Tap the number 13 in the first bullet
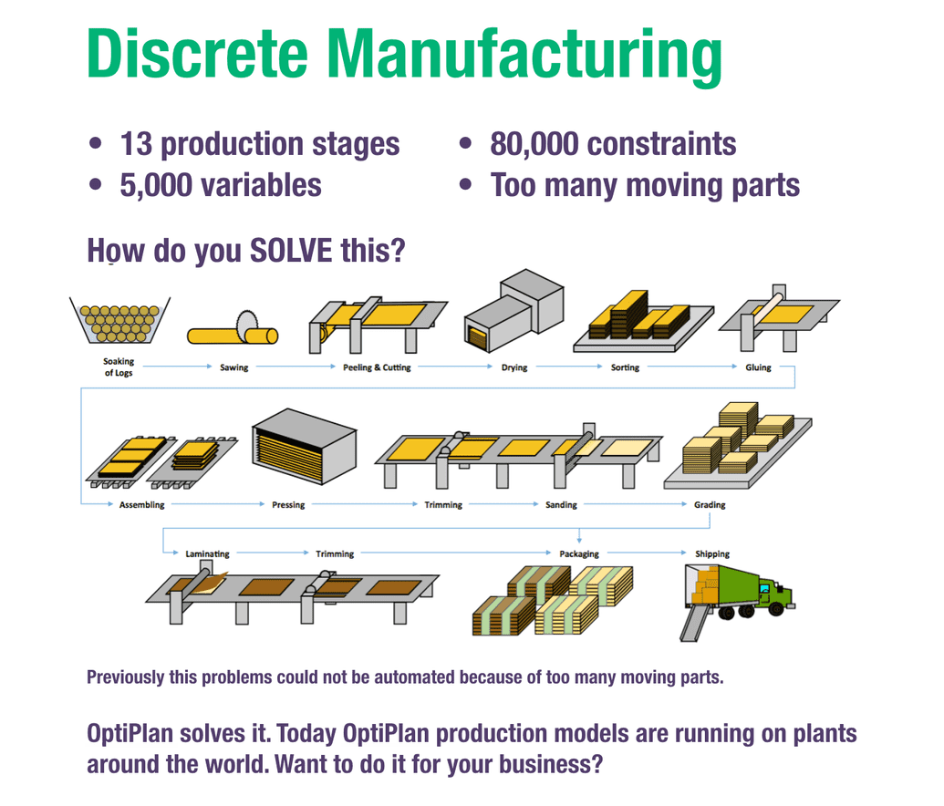pyautogui.click(x=136, y=144)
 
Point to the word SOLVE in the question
pyautogui.click(x=291, y=251)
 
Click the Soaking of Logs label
pyautogui.click(x=119, y=367)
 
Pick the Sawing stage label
pyautogui.click(x=234, y=367)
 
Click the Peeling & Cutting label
pyautogui.click(x=377, y=367)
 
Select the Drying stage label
pyautogui.click(x=514, y=367)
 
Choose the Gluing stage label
pyautogui.click(x=758, y=367)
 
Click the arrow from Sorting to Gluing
pyautogui.click(x=691, y=366)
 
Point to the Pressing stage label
pyautogui.click(x=288, y=504)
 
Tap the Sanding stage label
pyautogui.click(x=561, y=504)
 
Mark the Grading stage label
pyautogui.click(x=710, y=504)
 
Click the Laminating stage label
pyautogui.click(x=207, y=553)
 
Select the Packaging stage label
pyautogui.click(x=579, y=553)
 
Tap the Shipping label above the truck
pyautogui.click(x=712, y=553)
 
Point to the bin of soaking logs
pyautogui.click(x=119, y=320)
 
